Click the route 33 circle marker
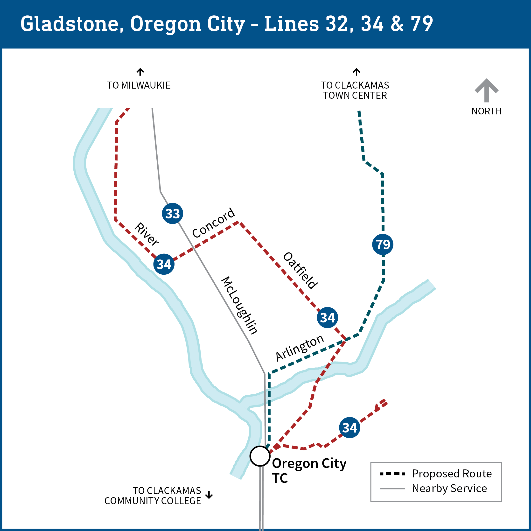coord(172,214)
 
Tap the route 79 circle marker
coord(383,244)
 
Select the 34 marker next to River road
coord(164,264)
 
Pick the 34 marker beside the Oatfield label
coord(327,317)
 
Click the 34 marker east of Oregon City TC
coord(349,427)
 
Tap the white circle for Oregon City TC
coord(260,456)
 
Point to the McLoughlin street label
coord(239,305)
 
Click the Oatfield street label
coord(300,270)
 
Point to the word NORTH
coord(487,111)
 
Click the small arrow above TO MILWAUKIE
coord(140,72)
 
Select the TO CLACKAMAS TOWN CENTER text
coord(355,90)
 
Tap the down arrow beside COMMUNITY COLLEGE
coord(209,495)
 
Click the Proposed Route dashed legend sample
coord(392,474)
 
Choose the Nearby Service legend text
coord(449,488)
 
